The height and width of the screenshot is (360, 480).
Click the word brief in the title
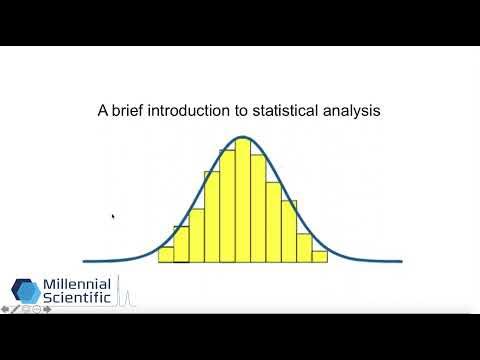(124, 112)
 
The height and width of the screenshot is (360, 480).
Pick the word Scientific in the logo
(78, 301)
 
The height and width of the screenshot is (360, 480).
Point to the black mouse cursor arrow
(113, 215)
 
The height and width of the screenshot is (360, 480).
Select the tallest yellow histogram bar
(242, 200)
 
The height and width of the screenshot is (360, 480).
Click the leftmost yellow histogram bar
(166, 254)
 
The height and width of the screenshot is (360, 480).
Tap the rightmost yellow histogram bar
(319, 256)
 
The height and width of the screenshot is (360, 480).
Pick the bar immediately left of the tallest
(227, 205)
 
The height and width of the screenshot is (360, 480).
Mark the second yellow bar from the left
(181, 244)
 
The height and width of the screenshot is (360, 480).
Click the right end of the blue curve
(400, 261)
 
